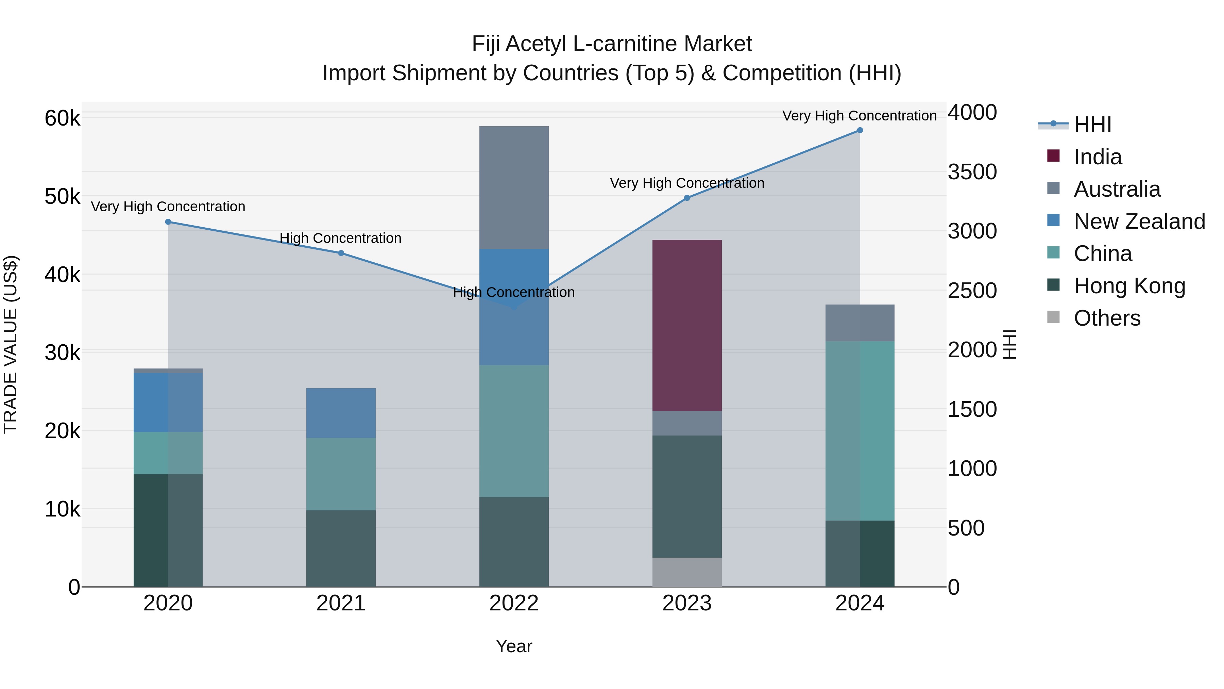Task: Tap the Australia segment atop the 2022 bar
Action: click(x=514, y=187)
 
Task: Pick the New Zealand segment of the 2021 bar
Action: click(x=341, y=413)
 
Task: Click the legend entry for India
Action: click(x=1097, y=157)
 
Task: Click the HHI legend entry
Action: click(x=1092, y=125)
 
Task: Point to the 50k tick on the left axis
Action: click(x=62, y=196)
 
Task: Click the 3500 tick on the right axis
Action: click(x=972, y=172)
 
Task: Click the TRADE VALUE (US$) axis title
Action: click(x=11, y=344)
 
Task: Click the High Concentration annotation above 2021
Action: click(x=340, y=238)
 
